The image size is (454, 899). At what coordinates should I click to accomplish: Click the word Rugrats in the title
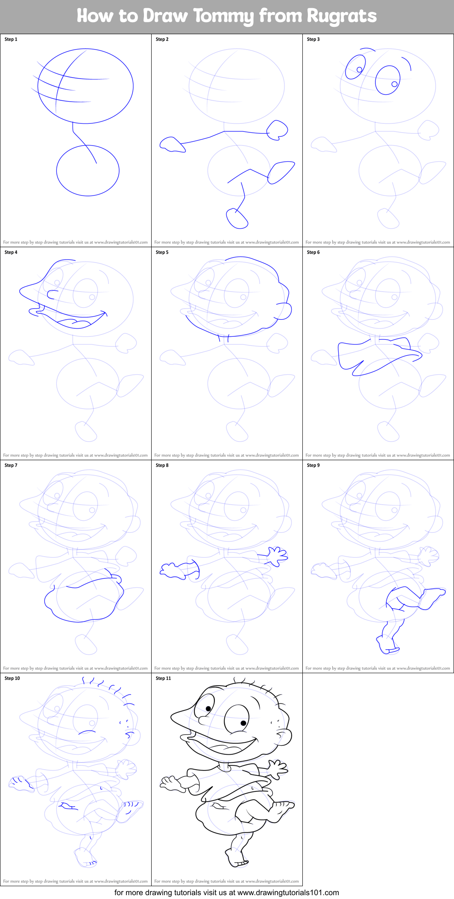pyautogui.click(x=342, y=16)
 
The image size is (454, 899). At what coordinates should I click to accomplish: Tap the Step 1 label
pyautogui.click(x=11, y=39)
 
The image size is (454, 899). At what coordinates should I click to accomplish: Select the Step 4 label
pyautogui.click(x=11, y=252)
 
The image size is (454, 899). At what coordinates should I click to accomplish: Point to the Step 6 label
pyautogui.click(x=313, y=252)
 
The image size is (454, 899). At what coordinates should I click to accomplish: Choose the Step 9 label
pyautogui.click(x=313, y=465)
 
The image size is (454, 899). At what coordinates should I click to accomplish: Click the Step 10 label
pyautogui.click(x=12, y=678)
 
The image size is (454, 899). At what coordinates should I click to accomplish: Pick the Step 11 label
pyautogui.click(x=163, y=678)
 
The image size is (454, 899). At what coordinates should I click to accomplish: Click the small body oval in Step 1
pyautogui.click(x=88, y=171)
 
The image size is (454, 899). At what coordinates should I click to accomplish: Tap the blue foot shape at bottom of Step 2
pyautogui.click(x=237, y=219)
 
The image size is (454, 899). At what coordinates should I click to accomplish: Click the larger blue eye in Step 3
pyautogui.click(x=387, y=80)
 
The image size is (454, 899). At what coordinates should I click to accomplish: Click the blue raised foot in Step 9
pyautogui.click(x=432, y=595)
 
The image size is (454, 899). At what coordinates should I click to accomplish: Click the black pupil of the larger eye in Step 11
pyautogui.click(x=243, y=723)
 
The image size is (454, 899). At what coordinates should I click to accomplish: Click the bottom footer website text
pyautogui.click(x=226, y=893)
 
